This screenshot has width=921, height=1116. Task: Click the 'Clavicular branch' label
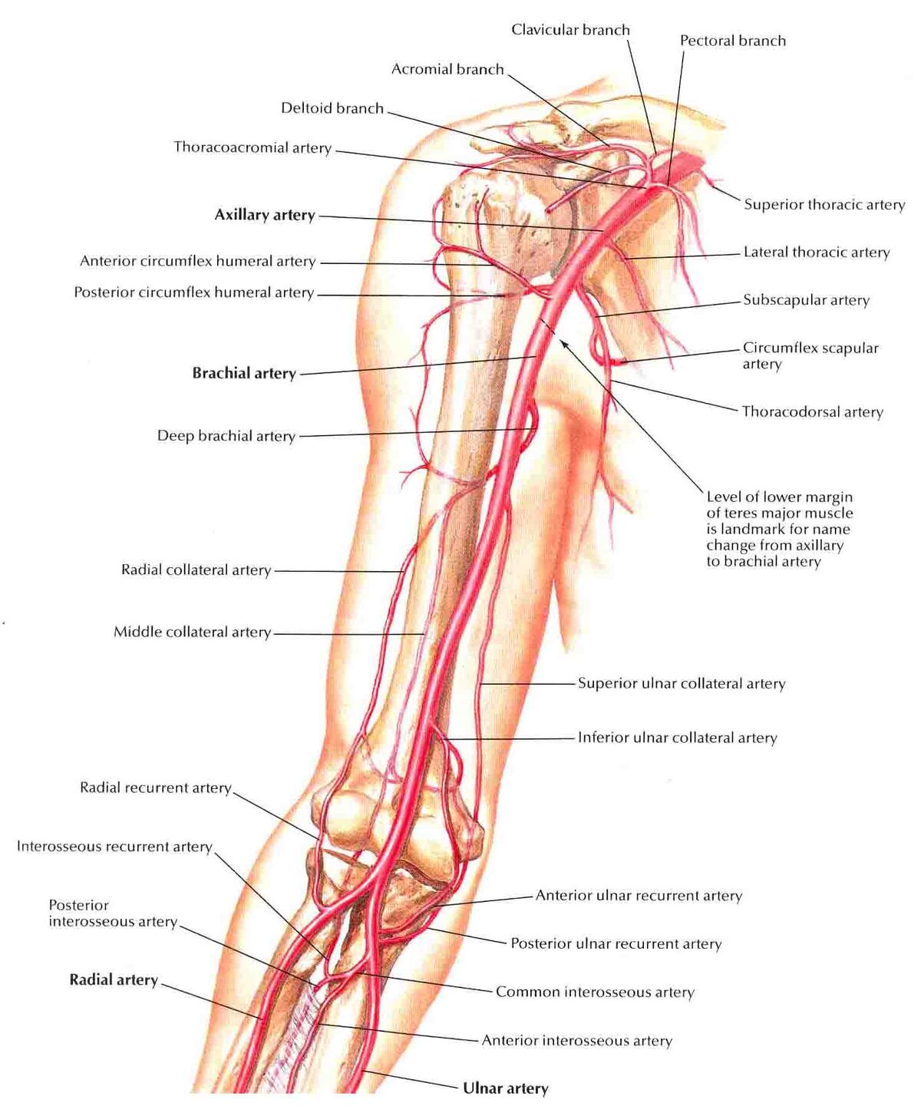[570, 30]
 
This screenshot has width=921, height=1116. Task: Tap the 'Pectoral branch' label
[733, 41]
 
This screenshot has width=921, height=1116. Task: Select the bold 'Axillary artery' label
[265, 215]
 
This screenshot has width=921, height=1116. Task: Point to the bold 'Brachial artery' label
[244, 373]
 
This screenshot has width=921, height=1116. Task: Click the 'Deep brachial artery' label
[226, 436]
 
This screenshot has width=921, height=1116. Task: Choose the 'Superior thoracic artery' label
[824, 205]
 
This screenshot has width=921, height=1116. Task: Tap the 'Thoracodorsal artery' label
[813, 412]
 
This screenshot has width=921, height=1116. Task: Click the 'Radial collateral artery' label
[196, 570]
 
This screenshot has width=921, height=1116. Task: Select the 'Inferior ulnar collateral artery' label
[677, 738]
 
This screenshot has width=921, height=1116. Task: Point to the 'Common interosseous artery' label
[595, 992]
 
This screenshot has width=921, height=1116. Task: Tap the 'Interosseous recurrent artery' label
[114, 846]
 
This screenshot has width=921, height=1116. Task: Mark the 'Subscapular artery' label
[806, 300]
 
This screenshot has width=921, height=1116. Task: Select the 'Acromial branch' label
[447, 70]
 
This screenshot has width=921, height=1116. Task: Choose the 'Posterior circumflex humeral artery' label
[194, 293]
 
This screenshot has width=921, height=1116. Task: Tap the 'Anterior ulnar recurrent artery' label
[639, 896]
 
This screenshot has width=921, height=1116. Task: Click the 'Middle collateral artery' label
[193, 632]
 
